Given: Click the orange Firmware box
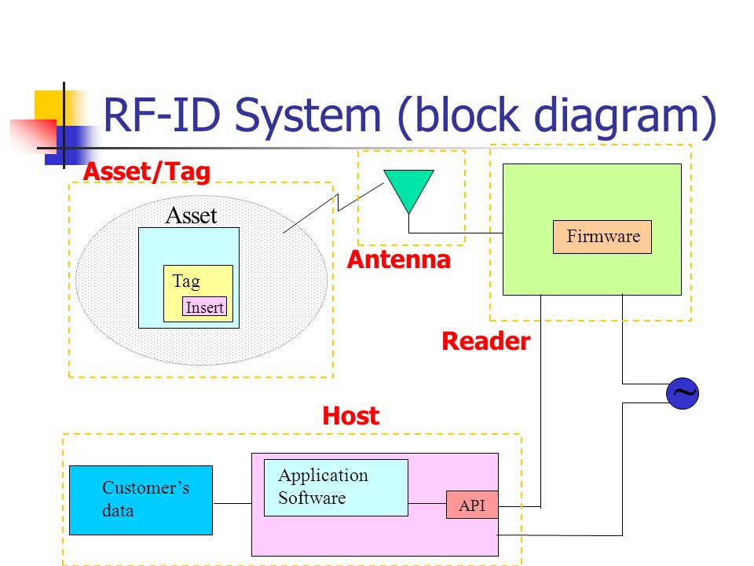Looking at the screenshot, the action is [x=602, y=237].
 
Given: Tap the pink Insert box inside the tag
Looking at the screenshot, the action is [x=204, y=307].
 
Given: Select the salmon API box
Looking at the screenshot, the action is [x=472, y=505].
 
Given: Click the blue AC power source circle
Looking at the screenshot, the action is [x=683, y=393].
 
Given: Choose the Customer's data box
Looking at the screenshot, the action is [x=141, y=500].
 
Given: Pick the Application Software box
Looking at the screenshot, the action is [x=336, y=487].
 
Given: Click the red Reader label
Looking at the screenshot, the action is [x=485, y=341].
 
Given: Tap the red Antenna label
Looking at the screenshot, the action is [x=399, y=259].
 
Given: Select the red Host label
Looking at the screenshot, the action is [x=350, y=415].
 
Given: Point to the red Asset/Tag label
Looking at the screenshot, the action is [x=147, y=172].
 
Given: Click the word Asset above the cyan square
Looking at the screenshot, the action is [x=192, y=215].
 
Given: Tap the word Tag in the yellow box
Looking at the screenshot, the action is [x=186, y=281].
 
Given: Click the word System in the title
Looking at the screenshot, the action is [x=308, y=116].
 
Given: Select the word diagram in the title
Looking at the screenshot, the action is [x=617, y=116].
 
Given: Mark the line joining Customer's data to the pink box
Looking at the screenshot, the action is [x=232, y=503].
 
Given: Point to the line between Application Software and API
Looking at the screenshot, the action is [x=427, y=503].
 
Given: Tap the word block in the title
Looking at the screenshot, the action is [x=467, y=114].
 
